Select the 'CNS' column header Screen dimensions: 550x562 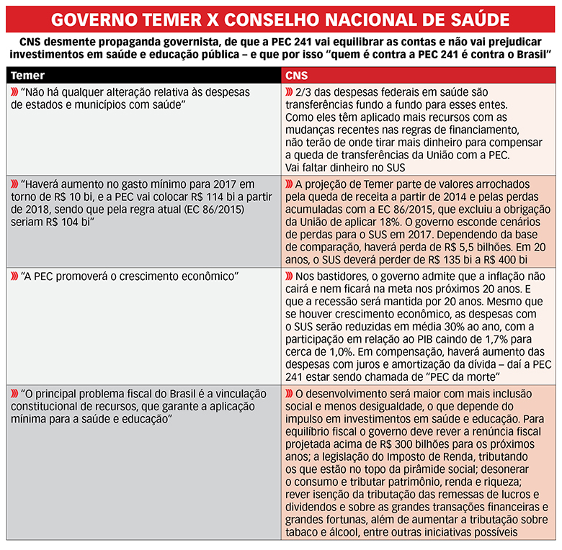coord(297,75)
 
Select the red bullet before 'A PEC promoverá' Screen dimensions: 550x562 coord(14,276)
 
